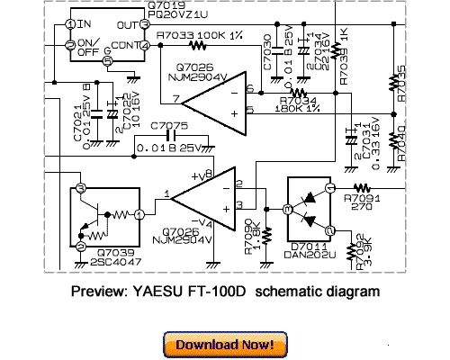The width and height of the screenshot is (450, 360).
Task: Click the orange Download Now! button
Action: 224,344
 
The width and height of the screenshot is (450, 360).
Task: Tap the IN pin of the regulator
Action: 69,20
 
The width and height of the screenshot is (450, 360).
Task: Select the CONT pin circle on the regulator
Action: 145,44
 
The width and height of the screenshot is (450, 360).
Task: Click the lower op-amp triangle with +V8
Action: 202,194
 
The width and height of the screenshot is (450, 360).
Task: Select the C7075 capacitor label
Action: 169,125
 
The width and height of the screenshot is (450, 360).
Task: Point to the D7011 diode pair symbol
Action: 308,209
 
